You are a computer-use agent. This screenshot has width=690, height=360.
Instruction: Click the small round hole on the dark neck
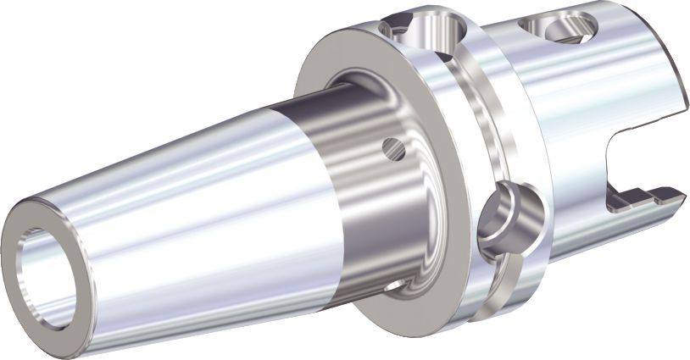[392, 149]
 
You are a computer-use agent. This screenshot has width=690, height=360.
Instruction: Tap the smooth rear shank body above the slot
[593, 93]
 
